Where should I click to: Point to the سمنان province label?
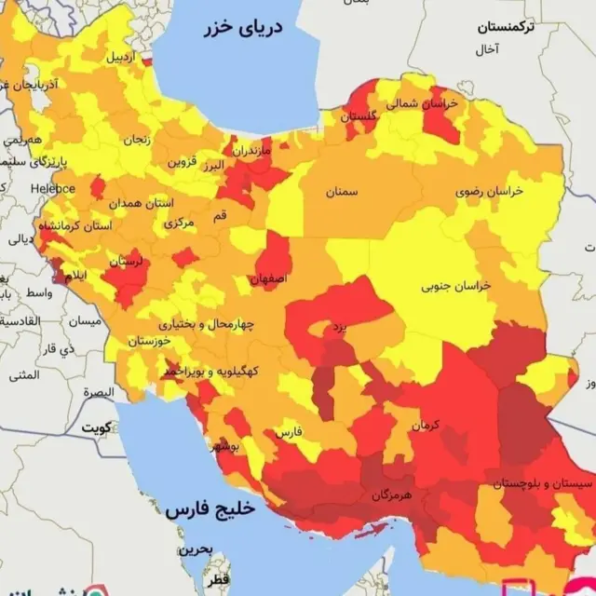click(342, 192)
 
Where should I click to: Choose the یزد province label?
click(343, 329)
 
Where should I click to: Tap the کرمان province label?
click(424, 425)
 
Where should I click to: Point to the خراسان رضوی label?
click(490, 191)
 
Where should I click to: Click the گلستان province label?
click(359, 117)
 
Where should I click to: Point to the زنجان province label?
click(136, 139)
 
